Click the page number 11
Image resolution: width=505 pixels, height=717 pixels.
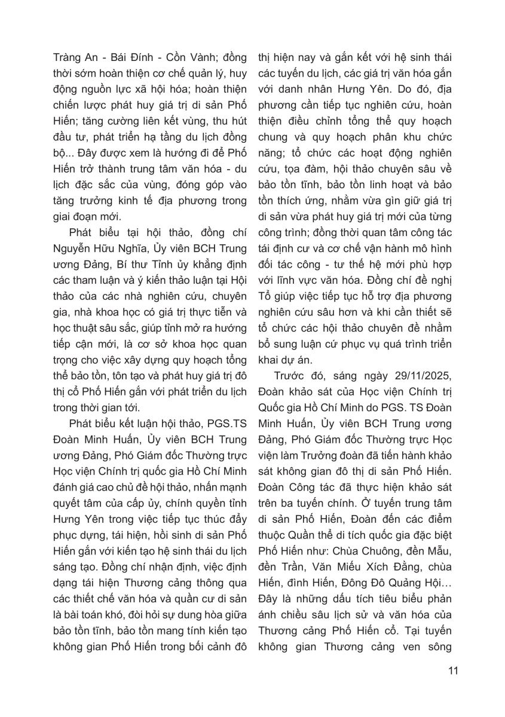tap(452, 670)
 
